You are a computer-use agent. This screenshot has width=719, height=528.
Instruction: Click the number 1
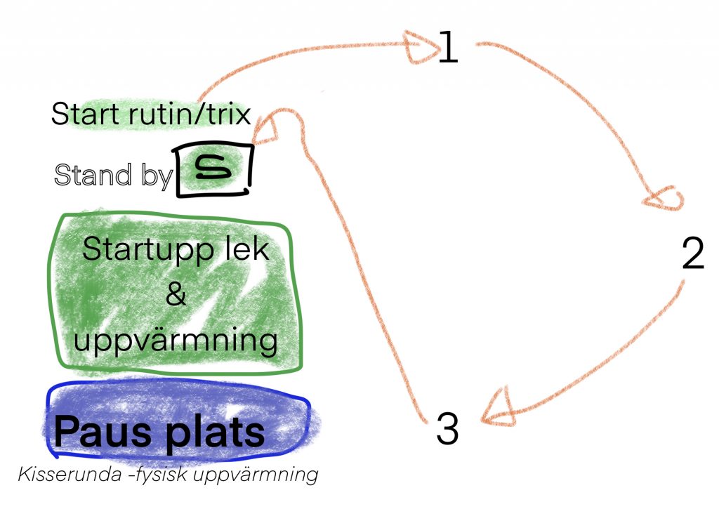tap(448, 47)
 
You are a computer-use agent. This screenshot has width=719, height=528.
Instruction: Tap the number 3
tap(447, 429)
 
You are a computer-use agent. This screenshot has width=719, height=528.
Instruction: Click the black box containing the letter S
tap(213, 170)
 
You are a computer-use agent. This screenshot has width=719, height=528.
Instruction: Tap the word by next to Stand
tap(155, 176)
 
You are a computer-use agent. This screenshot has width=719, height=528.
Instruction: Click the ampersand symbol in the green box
tap(176, 294)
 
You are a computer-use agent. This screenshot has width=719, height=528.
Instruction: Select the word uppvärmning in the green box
tap(176, 342)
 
